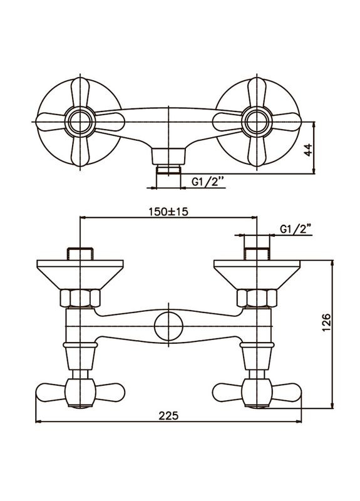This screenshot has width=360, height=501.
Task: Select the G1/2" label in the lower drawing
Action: coord(296,230)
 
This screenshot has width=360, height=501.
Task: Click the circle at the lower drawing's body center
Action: coord(167,328)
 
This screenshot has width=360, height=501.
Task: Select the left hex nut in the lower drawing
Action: coord(78,298)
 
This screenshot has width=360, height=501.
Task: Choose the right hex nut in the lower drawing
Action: coord(257,298)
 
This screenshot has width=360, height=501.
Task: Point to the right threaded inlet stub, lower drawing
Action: coord(257,254)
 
